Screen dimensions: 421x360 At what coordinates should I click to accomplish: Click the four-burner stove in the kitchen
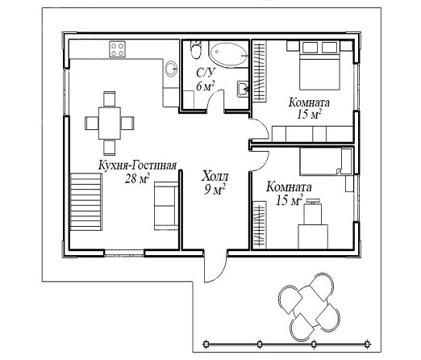tap(117, 49)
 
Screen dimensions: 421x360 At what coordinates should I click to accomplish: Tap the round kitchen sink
tap(171, 69)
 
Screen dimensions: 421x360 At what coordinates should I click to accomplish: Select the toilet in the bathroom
tap(196, 50)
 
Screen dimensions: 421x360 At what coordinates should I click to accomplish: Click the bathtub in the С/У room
tap(228, 53)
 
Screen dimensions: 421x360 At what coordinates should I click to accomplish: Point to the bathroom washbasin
tap(243, 88)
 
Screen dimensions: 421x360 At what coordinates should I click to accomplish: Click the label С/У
tap(206, 73)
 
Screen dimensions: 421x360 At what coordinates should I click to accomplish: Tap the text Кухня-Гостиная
tap(137, 165)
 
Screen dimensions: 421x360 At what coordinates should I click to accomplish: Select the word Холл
tap(215, 177)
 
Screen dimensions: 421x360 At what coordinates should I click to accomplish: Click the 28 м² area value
tap(137, 178)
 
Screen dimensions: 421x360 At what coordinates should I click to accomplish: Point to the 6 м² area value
tap(206, 86)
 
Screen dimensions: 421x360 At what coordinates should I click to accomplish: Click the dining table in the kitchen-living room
tap(110, 123)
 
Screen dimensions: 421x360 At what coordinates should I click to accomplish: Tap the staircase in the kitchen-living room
tap(85, 202)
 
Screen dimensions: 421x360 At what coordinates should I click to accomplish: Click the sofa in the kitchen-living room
tap(166, 206)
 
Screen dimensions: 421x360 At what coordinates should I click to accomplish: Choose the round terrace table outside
tap(310, 304)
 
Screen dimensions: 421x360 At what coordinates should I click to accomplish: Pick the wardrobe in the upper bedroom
tap(260, 71)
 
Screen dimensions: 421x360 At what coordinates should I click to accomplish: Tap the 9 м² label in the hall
tap(215, 190)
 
